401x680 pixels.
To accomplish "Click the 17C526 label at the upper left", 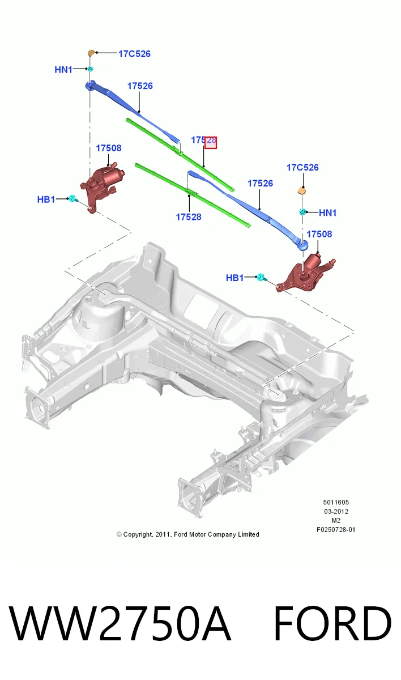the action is click(134, 54).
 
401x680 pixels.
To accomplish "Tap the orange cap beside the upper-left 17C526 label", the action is click(91, 53).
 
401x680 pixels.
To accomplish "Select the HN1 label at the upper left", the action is click(63, 70).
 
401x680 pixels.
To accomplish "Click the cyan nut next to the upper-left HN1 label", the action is click(90, 69).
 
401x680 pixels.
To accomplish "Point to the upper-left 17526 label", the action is click(140, 86).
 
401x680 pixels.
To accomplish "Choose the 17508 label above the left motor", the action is click(109, 148).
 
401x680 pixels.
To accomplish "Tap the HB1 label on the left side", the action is click(46, 199).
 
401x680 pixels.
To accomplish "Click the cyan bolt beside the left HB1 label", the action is click(73, 199).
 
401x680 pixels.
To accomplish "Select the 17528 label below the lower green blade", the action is click(189, 216).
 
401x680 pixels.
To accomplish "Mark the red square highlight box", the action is click(211, 143).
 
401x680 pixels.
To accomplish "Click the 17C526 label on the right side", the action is click(302, 167).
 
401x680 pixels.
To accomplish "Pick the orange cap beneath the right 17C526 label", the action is click(301, 190).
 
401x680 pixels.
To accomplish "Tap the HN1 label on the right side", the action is click(327, 212).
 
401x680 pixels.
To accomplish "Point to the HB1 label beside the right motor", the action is click(235, 278).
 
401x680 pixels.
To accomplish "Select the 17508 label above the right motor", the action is click(319, 234).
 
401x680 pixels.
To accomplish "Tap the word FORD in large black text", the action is click(332, 623).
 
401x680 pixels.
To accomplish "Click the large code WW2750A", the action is click(120, 623).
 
